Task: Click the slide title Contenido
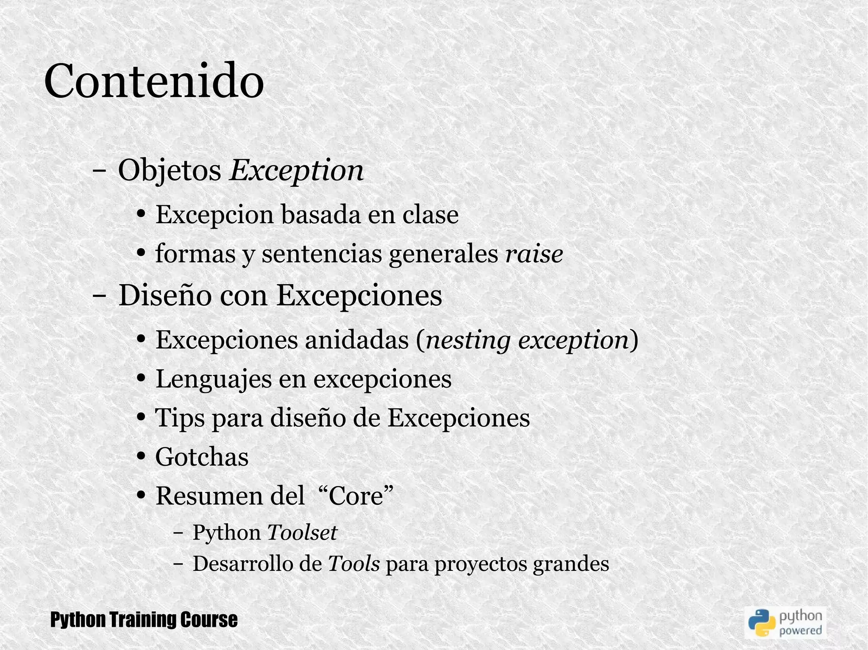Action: (154, 80)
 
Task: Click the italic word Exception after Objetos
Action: (296, 171)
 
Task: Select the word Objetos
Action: (170, 171)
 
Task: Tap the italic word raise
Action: (534, 254)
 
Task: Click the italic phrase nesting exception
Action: (527, 340)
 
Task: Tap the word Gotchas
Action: (202, 457)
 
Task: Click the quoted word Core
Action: (356, 496)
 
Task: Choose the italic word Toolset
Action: (302, 532)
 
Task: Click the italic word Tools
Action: (354, 564)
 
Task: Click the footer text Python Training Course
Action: (144, 620)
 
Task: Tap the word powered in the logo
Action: (801, 631)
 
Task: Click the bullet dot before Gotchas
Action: (142, 457)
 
